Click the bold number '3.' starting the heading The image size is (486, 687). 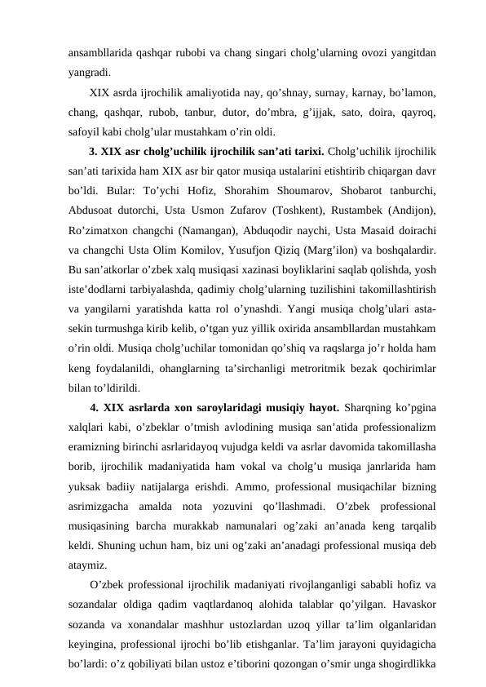point(94,150)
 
